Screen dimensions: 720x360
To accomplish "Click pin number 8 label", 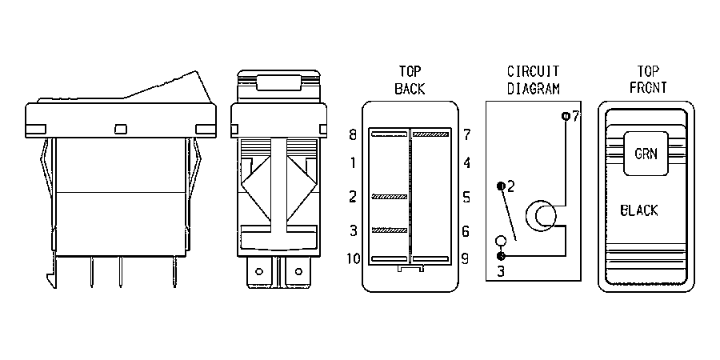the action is tap(353, 135).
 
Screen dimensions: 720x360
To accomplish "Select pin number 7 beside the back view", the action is tap(466, 135).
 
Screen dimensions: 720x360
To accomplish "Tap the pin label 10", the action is tap(353, 259).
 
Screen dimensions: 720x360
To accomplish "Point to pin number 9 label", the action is tap(465, 259).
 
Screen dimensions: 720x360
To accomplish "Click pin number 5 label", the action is tap(466, 198).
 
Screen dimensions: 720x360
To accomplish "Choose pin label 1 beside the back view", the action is tap(353, 163).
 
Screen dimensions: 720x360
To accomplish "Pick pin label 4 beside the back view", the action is tap(466, 163).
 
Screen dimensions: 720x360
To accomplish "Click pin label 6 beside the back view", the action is tap(466, 231).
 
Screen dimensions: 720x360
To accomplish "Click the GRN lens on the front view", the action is tap(646, 154).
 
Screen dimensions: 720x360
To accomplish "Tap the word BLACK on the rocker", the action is tap(638, 210).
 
